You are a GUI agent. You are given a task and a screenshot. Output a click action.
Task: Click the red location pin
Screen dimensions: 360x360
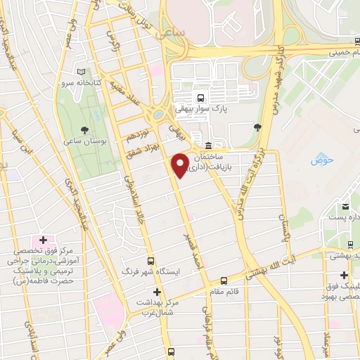point(181,165)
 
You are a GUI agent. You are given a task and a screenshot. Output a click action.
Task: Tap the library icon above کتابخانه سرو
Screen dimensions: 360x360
point(82,72)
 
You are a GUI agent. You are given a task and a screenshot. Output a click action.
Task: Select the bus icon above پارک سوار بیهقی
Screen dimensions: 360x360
point(202,98)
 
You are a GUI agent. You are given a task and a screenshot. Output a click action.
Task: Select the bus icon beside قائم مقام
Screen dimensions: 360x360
point(224,280)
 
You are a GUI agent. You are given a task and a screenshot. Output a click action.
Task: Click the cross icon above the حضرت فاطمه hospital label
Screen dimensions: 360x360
point(44,241)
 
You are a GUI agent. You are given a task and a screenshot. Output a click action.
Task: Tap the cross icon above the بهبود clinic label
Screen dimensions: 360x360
point(344,274)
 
